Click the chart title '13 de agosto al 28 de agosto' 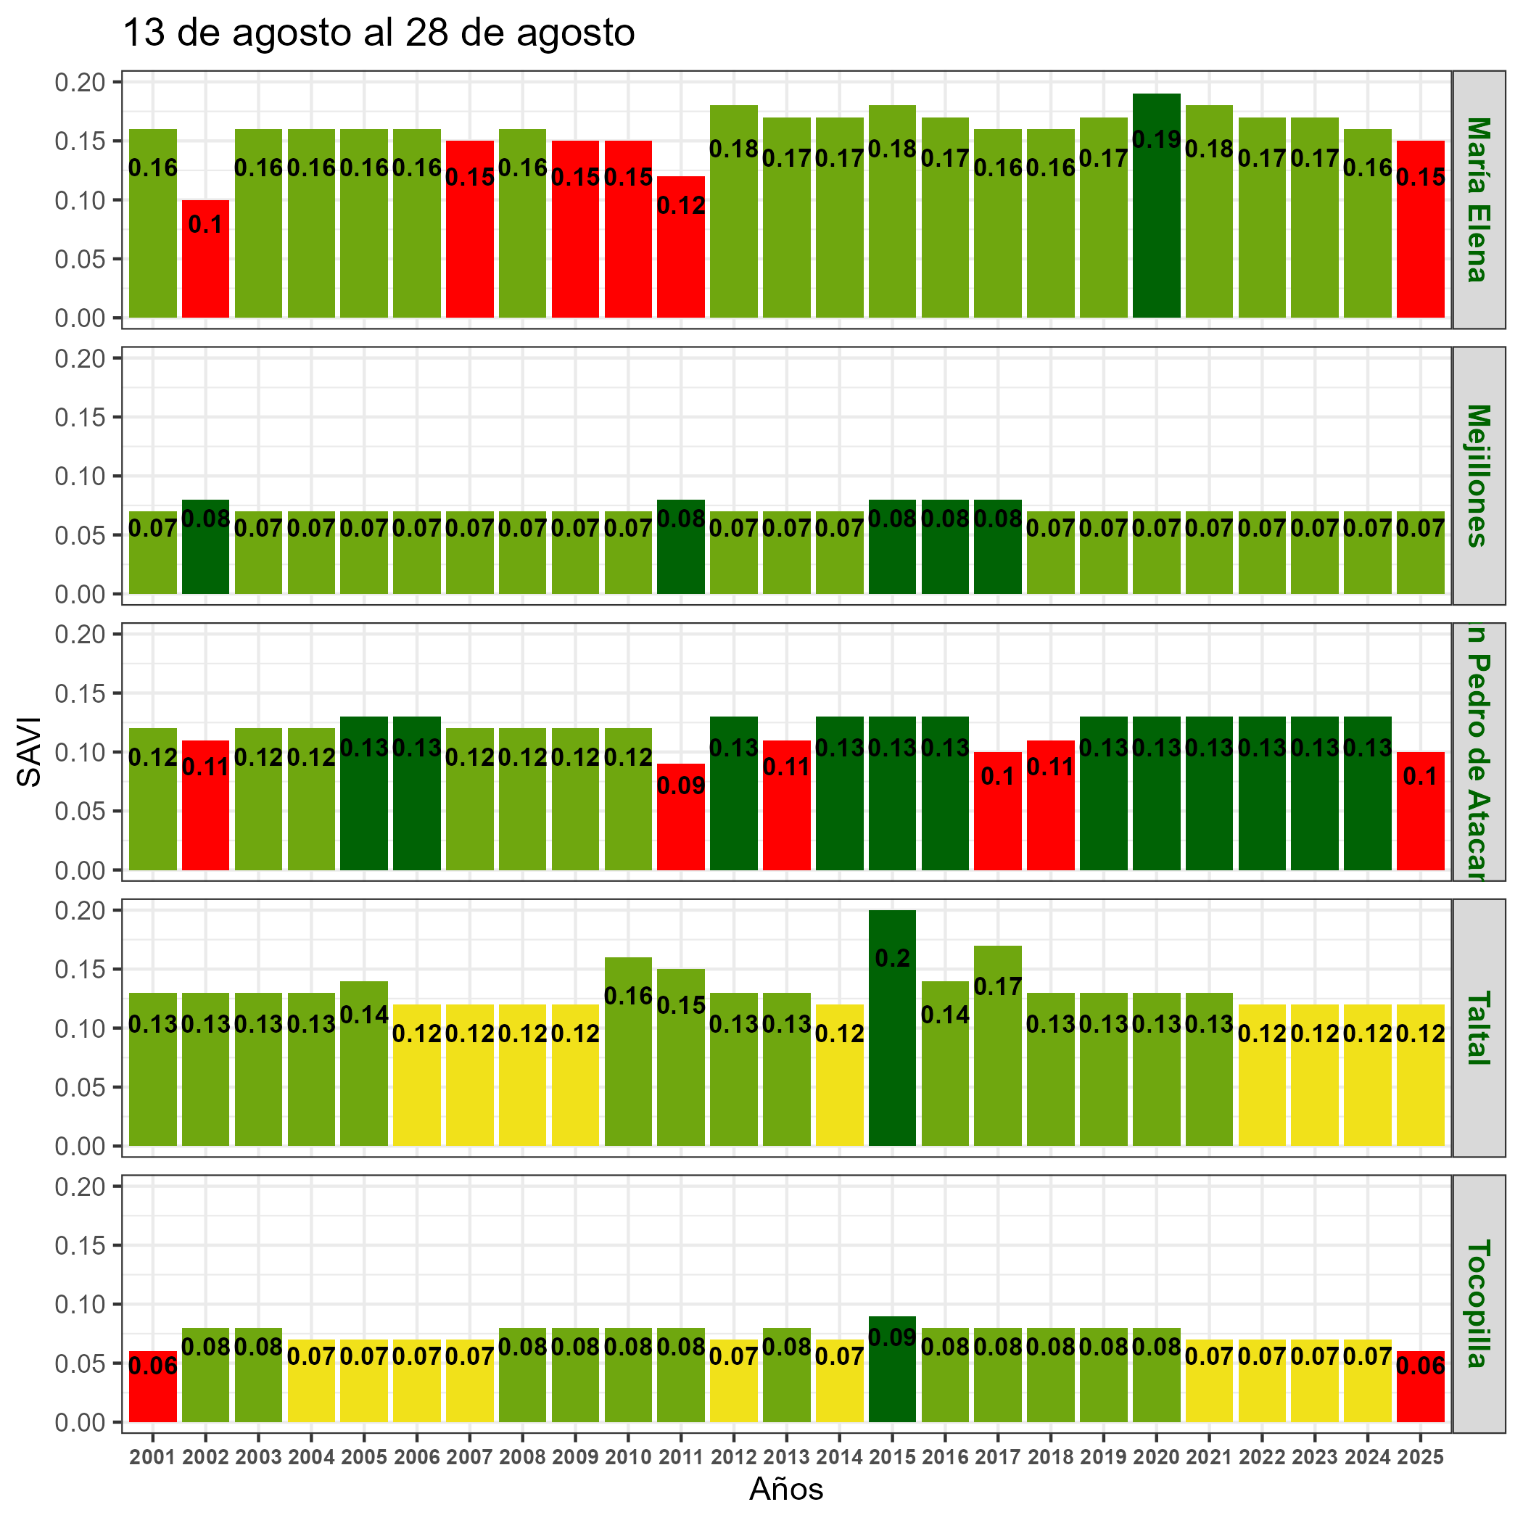pyautogui.click(x=379, y=34)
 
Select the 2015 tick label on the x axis pyautogui.click(x=892, y=1458)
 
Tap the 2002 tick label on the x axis pyautogui.click(x=205, y=1458)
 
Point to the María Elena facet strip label pyautogui.click(x=1477, y=199)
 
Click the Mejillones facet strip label pyautogui.click(x=1477, y=475)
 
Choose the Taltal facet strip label pyautogui.click(x=1477, y=1027)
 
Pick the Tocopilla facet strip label pyautogui.click(x=1477, y=1303)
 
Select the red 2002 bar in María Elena pyautogui.click(x=205, y=268)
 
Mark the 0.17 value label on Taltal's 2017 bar pyautogui.click(x=998, y=986)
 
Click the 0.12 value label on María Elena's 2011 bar pyautogui.click(x=681, y=206)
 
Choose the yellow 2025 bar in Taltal pyautogui.click(x=1421, y=1088)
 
